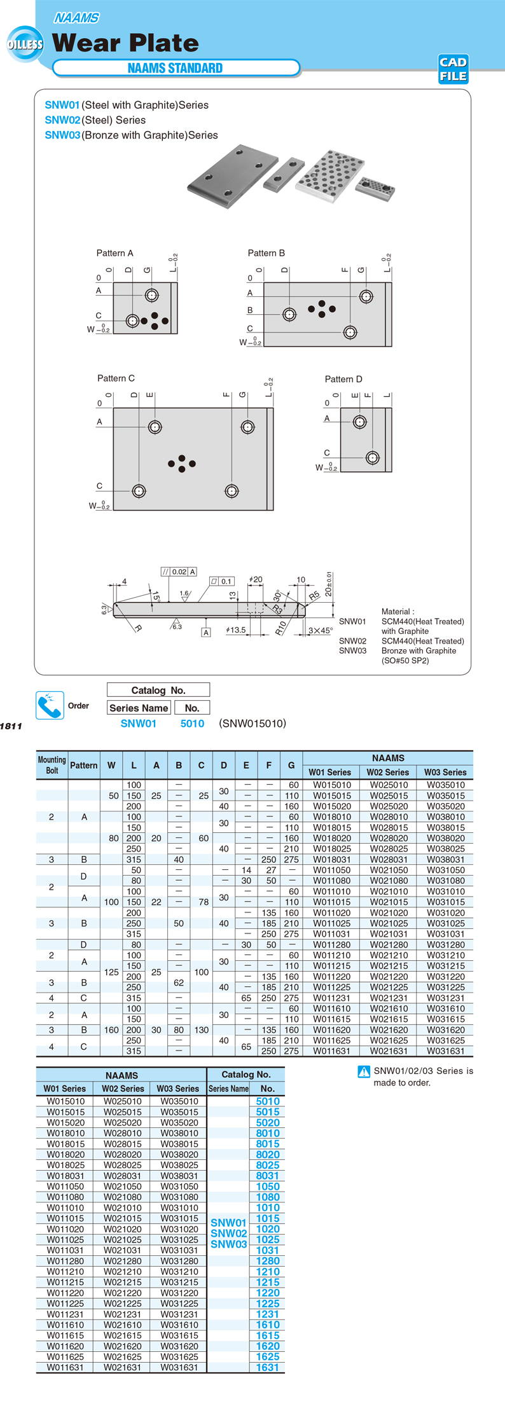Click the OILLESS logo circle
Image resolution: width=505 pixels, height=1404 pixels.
pos(25,44)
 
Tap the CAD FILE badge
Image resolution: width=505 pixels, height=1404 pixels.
pos(453,69)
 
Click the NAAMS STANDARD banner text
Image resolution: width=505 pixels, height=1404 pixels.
pos(175,68)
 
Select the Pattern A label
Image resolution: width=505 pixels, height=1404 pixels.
pos(114,253)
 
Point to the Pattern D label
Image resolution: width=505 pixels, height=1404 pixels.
pos(343,379)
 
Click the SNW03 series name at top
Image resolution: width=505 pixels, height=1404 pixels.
pos(62,135)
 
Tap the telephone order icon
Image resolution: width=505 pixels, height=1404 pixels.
pos(50,705)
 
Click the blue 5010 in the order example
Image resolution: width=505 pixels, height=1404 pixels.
pos(192,724)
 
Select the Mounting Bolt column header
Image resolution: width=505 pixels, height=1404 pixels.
pos(52,765)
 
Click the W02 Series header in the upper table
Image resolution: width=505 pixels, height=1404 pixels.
pos(387,772)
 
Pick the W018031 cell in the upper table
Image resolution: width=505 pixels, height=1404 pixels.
pos(330,859)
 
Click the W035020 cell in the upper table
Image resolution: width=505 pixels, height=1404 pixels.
pos(445,806)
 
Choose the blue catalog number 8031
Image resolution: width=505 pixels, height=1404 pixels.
pos(268,1176)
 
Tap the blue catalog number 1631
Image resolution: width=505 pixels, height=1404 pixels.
pos(268,1367)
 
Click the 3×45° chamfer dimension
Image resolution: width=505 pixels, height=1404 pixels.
pos(320,630)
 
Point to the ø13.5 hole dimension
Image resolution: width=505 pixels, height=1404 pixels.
pos(236,630)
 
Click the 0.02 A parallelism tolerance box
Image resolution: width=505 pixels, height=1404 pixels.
pos(179,572)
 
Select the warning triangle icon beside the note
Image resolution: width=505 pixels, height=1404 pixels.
pos(364,1071)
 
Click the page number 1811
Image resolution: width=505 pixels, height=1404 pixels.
pos(11,726)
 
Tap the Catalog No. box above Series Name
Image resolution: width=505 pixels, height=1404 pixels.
pos(158,690)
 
